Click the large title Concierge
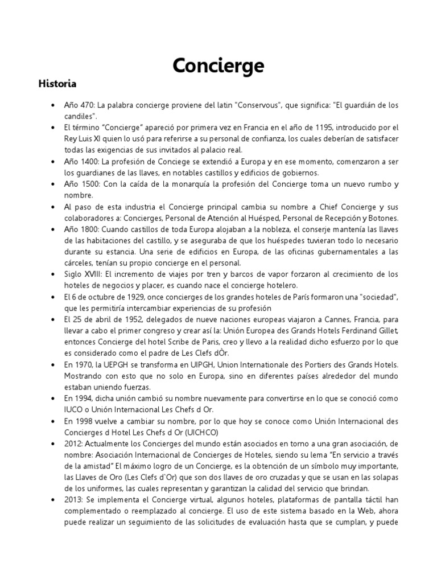tap(218, 66)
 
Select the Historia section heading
tap(57, 84)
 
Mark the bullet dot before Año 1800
tap(52, 229)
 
